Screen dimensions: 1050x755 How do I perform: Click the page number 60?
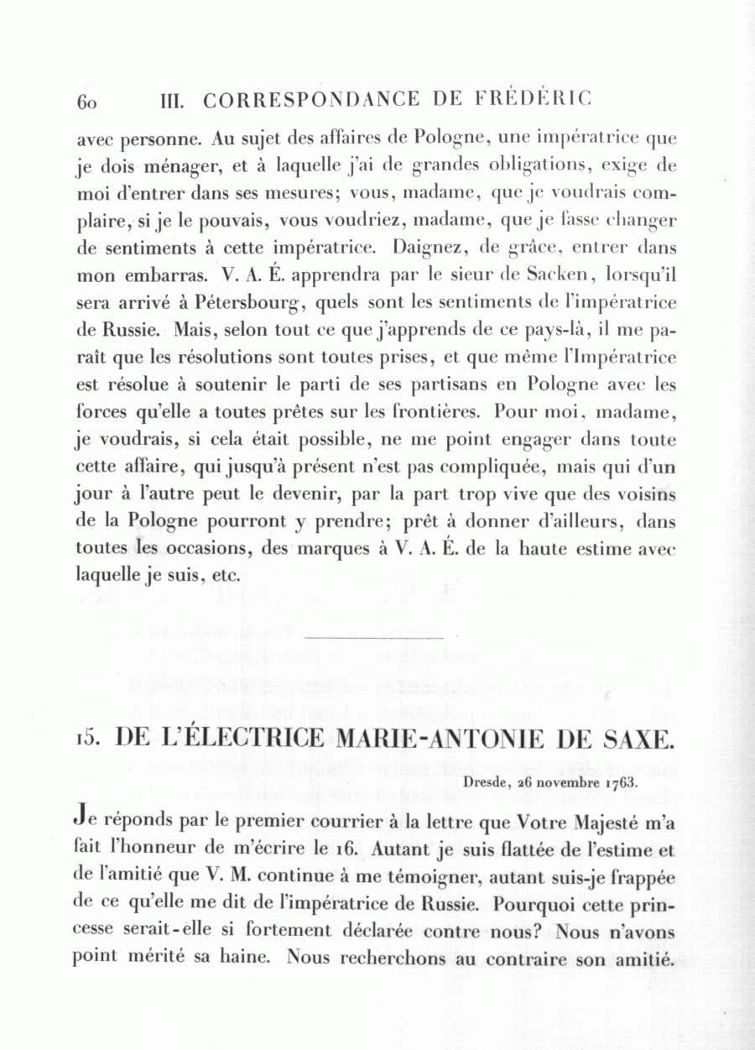[88, 102]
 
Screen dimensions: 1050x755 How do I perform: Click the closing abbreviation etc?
[225, 577]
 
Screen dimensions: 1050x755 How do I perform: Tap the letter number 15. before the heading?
[88, 739]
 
